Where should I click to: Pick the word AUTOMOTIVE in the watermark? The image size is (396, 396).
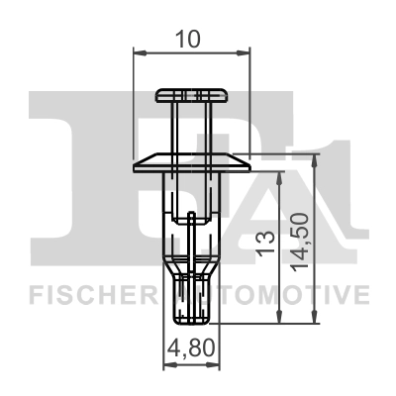(x=287, y=294)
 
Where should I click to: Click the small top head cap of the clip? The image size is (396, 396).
(x=192, y=95)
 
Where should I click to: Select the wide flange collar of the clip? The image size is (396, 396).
(x=192, y=159)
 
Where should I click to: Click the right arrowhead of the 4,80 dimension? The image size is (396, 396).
(x=216, y=364)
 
